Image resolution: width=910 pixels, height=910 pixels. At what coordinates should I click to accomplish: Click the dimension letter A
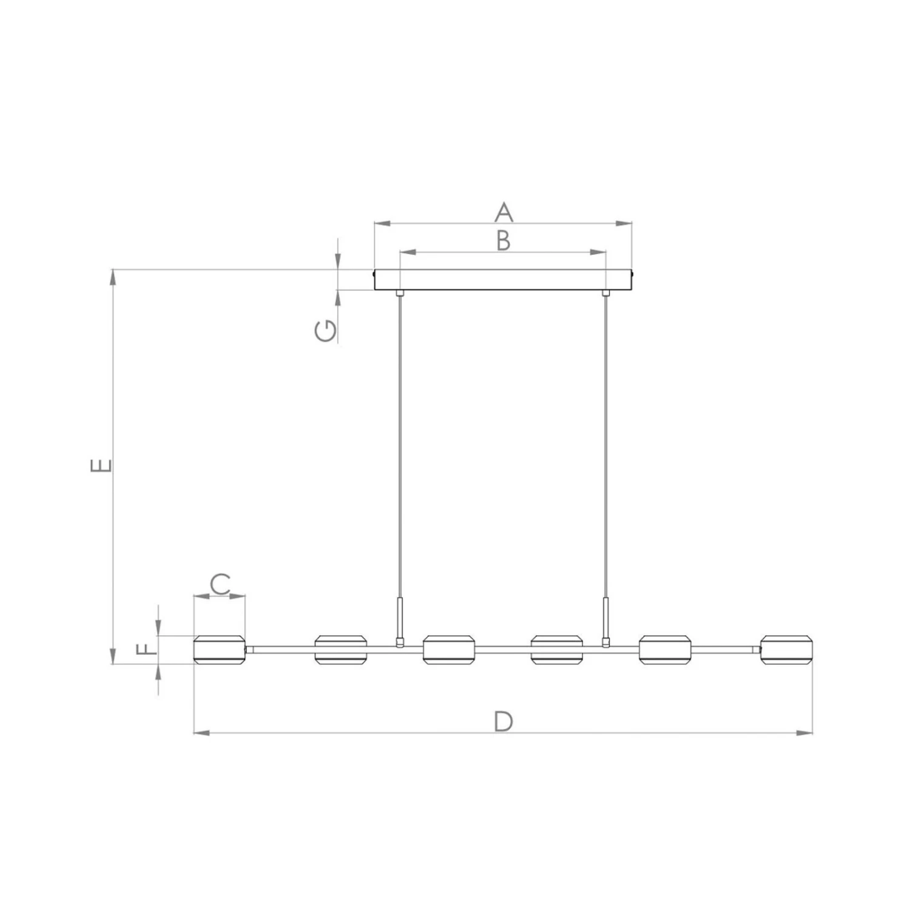[504, 212]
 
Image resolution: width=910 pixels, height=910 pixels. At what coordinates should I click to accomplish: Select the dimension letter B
[503, 240]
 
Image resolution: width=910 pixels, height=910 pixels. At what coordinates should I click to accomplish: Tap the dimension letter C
[220, 584]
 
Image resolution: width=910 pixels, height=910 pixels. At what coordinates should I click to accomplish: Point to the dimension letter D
[503, 721]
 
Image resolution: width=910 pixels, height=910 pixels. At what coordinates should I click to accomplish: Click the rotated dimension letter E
[101, 465]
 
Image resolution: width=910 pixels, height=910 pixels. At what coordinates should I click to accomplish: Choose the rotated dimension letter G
[326, 331]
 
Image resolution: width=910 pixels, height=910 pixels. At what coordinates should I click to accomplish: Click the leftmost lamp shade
[219, 650]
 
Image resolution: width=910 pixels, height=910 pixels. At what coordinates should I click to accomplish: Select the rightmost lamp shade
[787, 650]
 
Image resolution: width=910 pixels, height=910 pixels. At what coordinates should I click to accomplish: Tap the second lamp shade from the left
[341, 650]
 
